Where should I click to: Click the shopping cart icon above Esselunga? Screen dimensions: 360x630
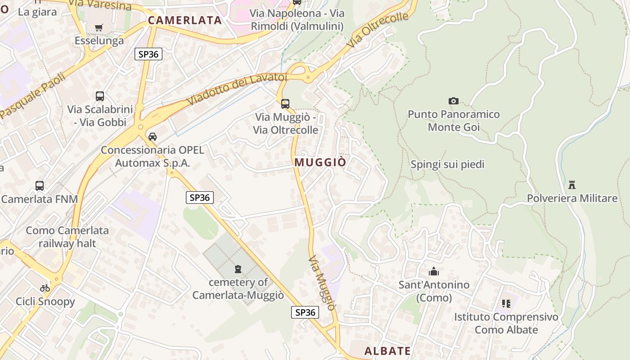(99, 27)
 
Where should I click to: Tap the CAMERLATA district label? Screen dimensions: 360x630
(185, 20)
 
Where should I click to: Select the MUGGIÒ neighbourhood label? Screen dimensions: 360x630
(320, 162)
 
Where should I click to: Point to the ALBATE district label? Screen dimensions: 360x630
(387, 351)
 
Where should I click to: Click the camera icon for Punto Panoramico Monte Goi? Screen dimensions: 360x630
(454, 101)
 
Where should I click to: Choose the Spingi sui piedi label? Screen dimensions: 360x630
(447, 165)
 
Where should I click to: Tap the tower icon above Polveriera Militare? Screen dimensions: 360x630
(572, 184)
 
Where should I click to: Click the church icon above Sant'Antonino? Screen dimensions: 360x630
(434, 271)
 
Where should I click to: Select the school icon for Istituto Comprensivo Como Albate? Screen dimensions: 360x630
(506, 304)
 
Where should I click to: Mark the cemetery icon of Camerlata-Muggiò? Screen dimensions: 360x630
(238, 269)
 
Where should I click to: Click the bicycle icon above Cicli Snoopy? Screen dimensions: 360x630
(45, 288)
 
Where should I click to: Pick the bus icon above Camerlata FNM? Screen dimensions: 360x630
(40, 185)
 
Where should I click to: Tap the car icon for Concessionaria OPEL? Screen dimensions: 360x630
(153, 137)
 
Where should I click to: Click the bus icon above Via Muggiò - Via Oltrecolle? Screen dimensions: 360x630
(285, 104)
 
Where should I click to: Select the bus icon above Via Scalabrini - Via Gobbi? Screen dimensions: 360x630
(100, 96)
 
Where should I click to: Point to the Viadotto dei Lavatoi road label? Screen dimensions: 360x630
(237, 89)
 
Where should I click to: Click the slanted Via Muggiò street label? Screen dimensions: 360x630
(323, 283)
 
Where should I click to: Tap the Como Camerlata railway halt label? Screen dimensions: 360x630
(67, 237)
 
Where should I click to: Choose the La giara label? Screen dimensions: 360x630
(37, 12)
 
